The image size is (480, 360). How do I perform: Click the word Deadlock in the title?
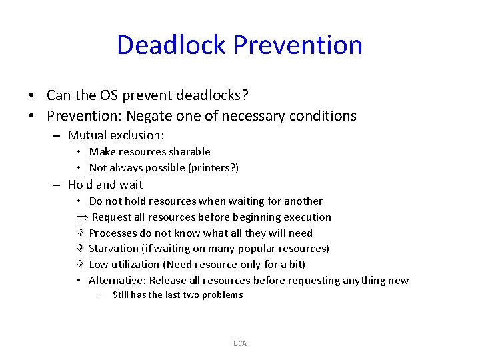click(x=172, y=45)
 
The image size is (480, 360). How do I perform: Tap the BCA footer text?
click(x=240, y=343)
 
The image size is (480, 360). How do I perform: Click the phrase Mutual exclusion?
click(x=116, y=135)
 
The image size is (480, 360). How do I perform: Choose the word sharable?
click(x=189, y=152)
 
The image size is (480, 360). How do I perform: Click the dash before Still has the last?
click(x=105, y=295)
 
